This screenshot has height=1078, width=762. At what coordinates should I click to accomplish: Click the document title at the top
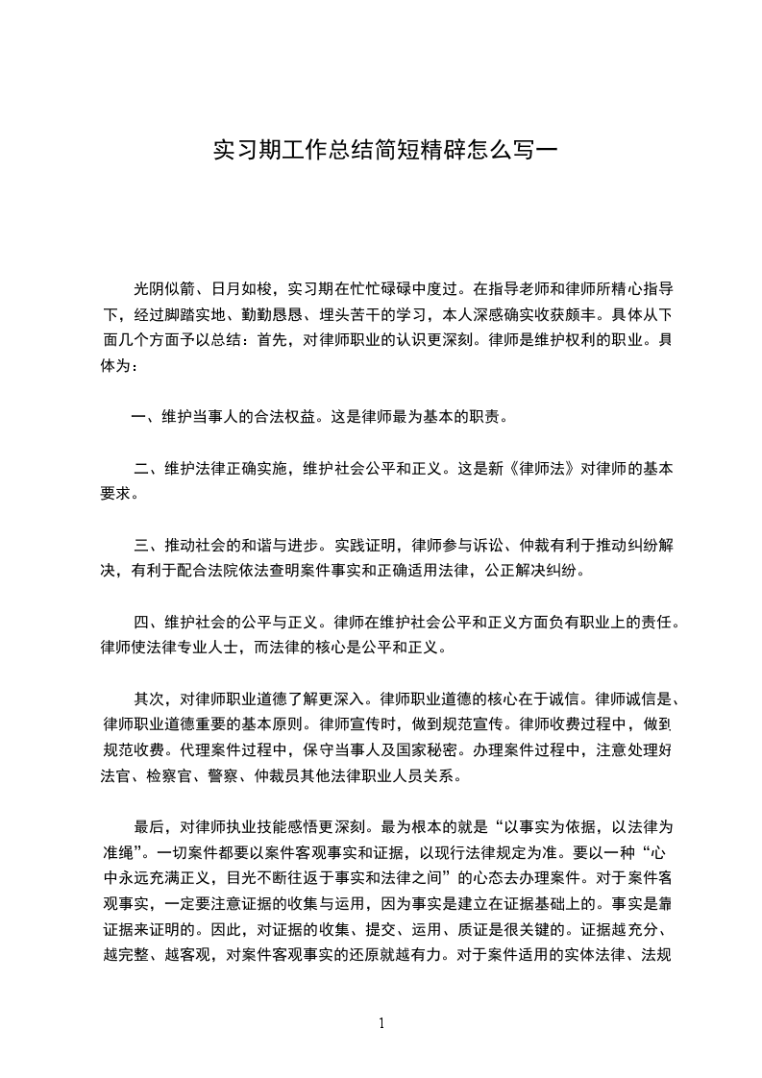[x=381, y=152]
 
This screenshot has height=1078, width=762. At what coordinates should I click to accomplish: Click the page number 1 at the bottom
[x=381, y=1022]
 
